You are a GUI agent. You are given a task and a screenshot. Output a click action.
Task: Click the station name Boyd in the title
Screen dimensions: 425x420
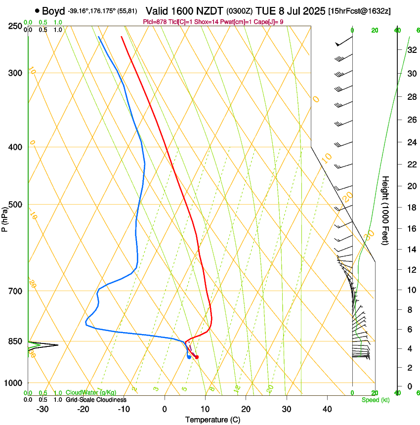tap(53, 11)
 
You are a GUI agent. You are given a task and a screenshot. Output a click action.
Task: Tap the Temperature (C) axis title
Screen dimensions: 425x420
tap(212, 420)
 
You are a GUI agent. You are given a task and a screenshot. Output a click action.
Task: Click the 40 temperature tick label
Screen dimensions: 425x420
tap(327, 409)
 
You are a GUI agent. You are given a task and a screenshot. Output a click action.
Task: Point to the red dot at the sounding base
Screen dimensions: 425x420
tap(197, 357)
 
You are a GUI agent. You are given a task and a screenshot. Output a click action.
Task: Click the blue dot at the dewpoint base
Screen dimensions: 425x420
tap(189, 357)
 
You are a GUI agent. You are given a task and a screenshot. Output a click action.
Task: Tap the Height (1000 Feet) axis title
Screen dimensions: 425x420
tap(385, 210)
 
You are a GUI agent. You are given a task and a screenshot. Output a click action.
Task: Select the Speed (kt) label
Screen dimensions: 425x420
tap(375, 400)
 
